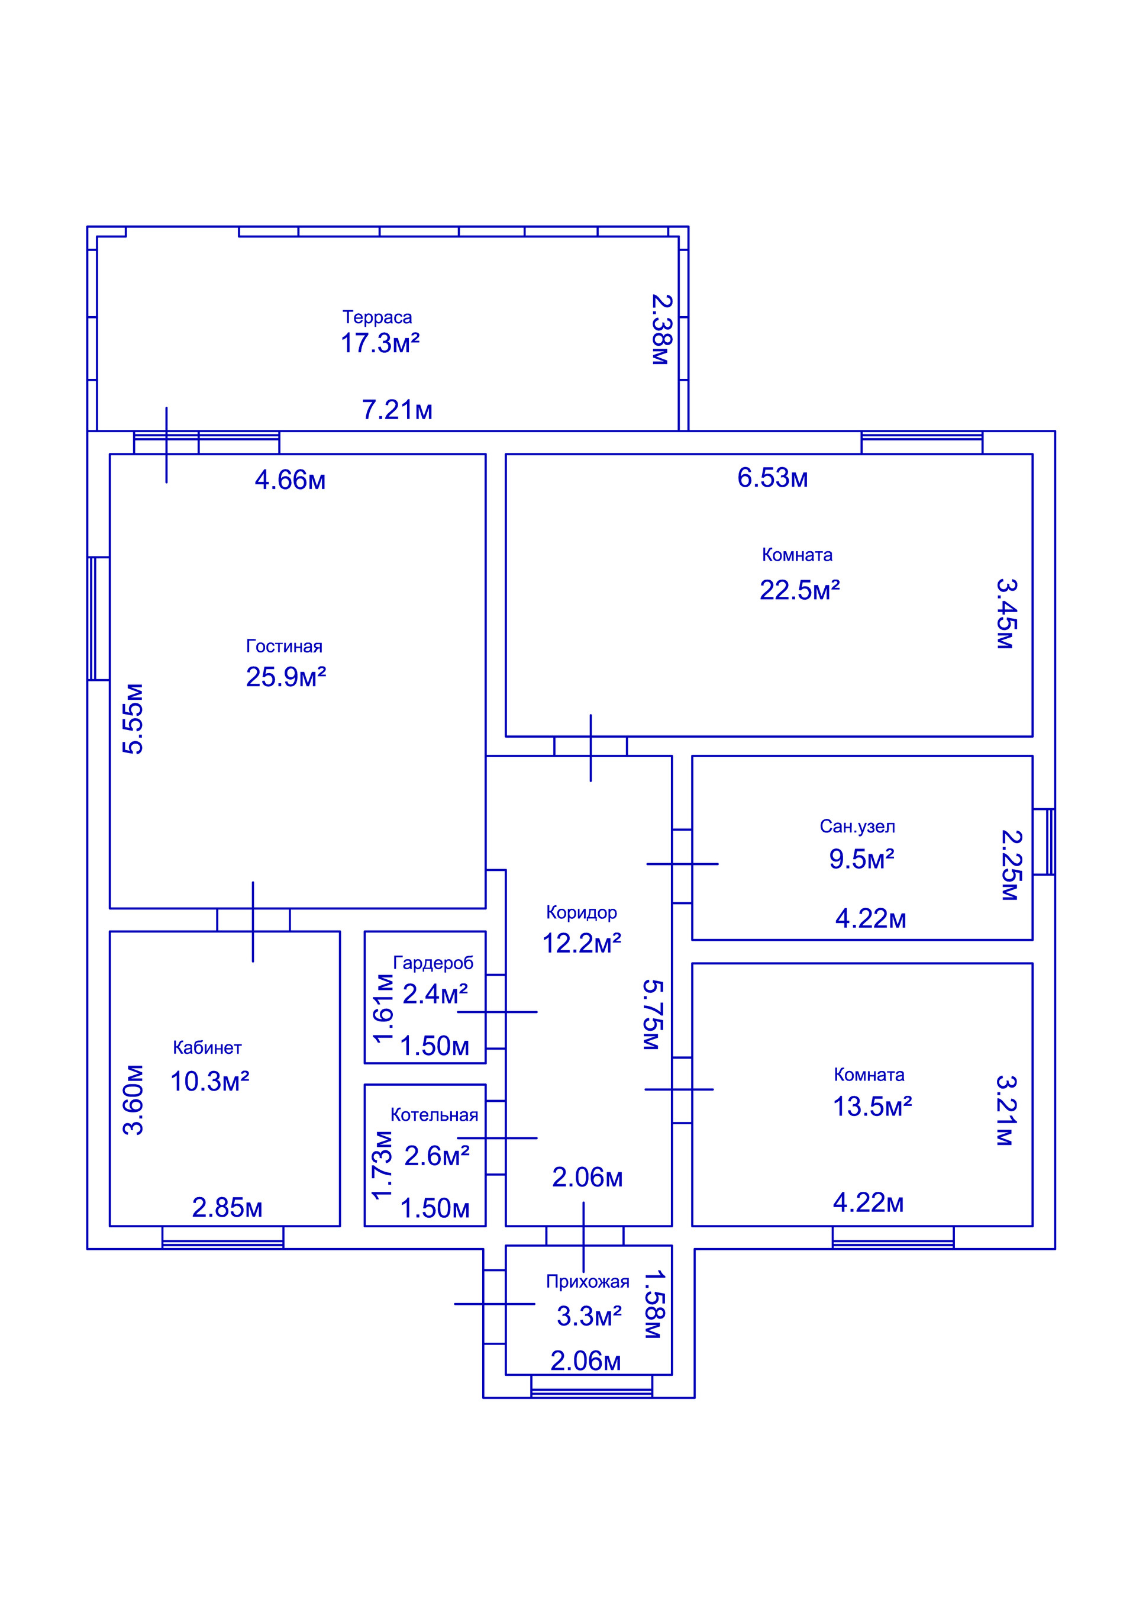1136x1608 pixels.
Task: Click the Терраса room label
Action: pos(377,318)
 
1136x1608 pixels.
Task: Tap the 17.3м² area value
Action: pos(380,343)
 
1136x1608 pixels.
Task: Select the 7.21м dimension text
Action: pos(397,410)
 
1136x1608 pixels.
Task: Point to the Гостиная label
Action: pos(284,646)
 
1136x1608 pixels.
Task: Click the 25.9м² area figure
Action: pos(286,677)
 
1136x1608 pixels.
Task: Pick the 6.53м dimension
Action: pos(773,478)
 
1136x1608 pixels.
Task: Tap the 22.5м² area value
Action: pos(800,590)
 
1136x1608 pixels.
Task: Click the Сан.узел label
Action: pos(857,826)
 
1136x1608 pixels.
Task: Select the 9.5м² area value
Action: pos(861,859)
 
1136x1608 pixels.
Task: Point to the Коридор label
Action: pos(582,912)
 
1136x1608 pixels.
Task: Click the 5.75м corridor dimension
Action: pos(651,1014)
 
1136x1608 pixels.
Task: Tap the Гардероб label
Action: pos(433,963)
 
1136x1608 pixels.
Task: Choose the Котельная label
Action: pos(434,1115)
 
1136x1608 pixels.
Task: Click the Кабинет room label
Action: pos(207,1048)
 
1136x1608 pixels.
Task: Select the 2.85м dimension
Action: pos(227,1208)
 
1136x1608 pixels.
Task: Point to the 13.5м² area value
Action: pos(872,1107)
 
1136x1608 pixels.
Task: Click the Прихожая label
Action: pos(588,1282)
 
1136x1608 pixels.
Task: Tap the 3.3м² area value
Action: pos(589,1317)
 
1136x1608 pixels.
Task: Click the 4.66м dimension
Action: pos(290,480)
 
